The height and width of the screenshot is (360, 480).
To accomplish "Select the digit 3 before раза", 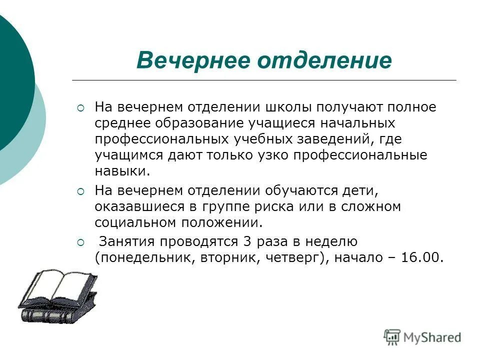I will coord(246,242).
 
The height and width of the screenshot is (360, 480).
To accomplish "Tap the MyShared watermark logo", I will coord(422,337).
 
